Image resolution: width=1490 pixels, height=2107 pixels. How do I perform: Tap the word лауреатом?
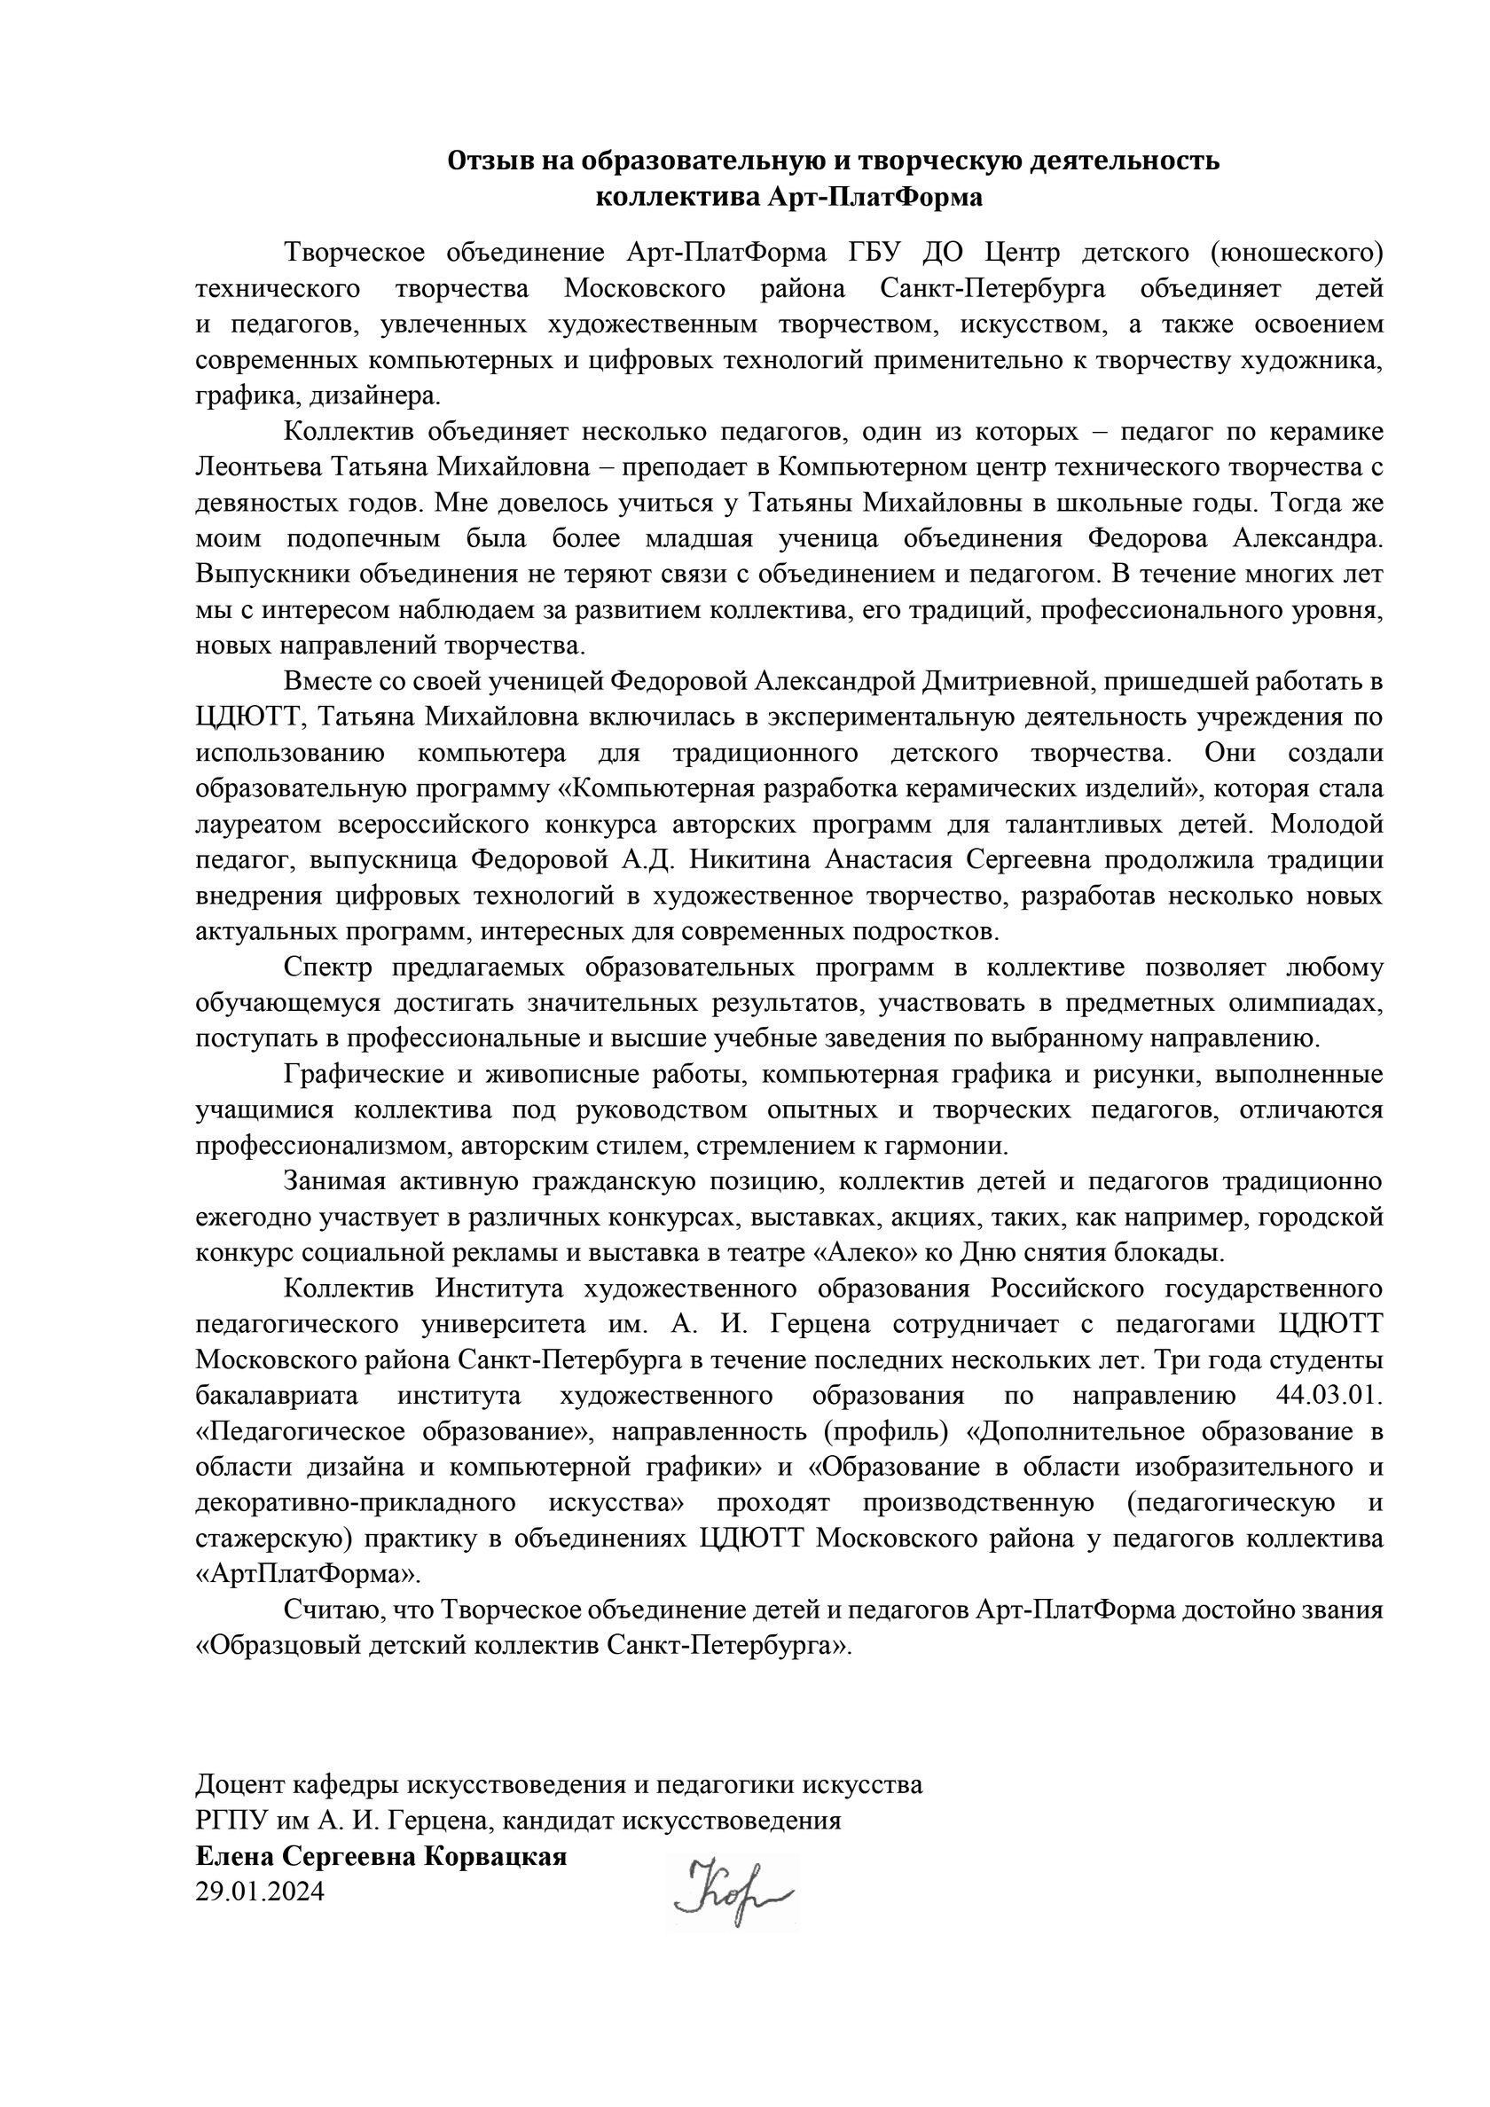pos(250,825)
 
